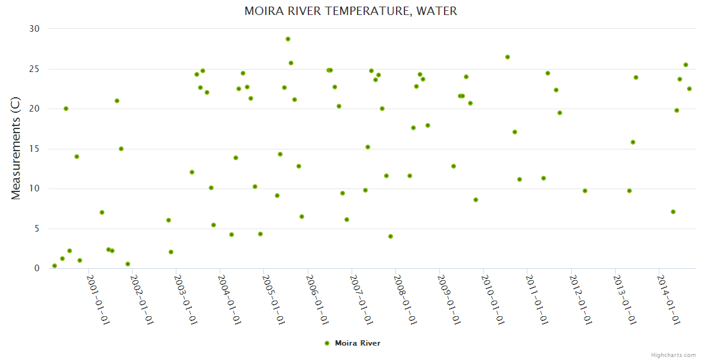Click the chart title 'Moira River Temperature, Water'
click(x=350, y=11)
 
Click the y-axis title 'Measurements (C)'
click(x=16, y=149)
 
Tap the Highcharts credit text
click(x=673, y=355)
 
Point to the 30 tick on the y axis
click(x=34, y=29)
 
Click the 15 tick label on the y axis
click(x=34, y=149)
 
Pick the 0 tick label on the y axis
click(x=37, y=268)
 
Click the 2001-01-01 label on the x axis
click(x=98, y=300)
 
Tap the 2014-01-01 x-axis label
click(x=669, y=300)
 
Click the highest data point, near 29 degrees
click(x=288, y=39)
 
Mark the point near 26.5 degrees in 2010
click(x=508, y=57)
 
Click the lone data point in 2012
click(x=585, y=191)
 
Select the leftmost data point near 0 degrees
click(x=55, y=266)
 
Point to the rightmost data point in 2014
click(x=689, y=89)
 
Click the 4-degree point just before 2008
click(x=391, y=236)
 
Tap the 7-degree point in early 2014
click(x=673, y=212)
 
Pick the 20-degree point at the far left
click(x=66, y=109)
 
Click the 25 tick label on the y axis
click(x=34, y=69)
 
